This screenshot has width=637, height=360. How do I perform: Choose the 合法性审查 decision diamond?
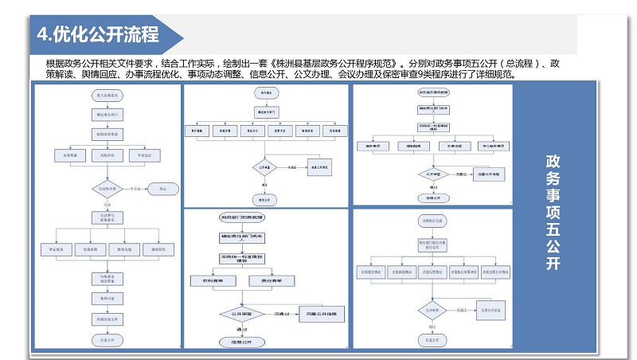click(x=106, y=190)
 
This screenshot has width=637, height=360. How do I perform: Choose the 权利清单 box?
click(x=209, y=280)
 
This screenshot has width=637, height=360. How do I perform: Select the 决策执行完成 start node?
click(x=432, y=221)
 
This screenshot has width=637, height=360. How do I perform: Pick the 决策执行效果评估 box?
click(x=464, y=271)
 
